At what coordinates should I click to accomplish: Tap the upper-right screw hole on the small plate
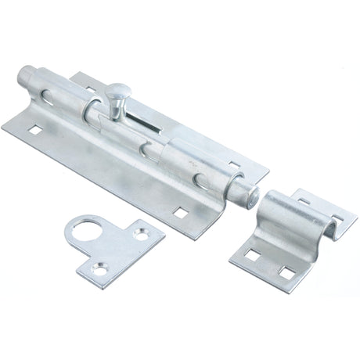tap(141, 231)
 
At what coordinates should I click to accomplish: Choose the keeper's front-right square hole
tap(286, 272)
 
